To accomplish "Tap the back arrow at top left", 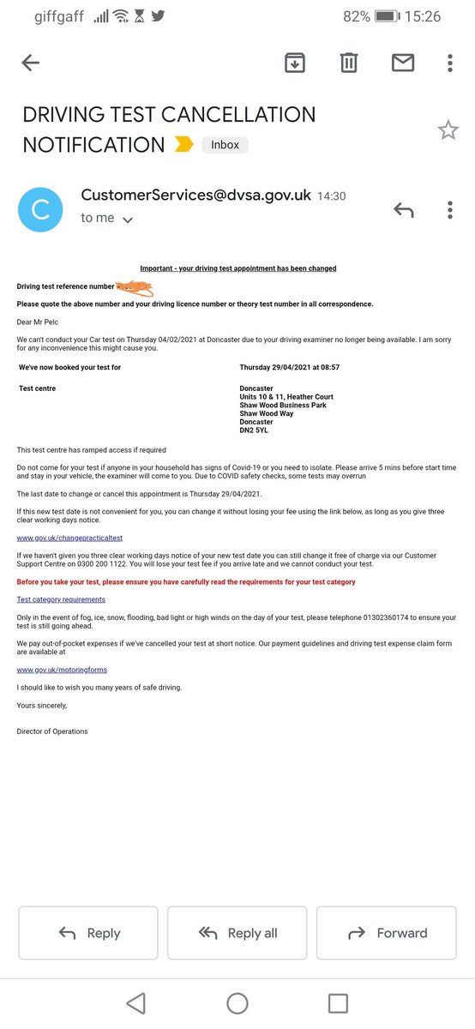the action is pos(31,63).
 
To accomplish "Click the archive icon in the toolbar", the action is pos(294,63).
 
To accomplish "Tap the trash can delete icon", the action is pos(348,63).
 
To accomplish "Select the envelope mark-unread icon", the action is pos(402,63).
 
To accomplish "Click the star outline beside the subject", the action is pos(448,130).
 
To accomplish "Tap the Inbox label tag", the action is pos(225,145).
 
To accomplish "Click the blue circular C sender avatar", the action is pos(40,209).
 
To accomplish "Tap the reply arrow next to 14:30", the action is pos(403,209).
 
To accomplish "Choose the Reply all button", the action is pos(237,933).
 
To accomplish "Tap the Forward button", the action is pos(388,933).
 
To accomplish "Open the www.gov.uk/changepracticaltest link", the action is pos(69,538).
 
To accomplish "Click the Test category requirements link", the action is pos(61,599).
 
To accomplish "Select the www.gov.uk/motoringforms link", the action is pos(62,670).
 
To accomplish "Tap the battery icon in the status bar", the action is pos(388,16).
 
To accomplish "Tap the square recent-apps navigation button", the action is pos(339,1003).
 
